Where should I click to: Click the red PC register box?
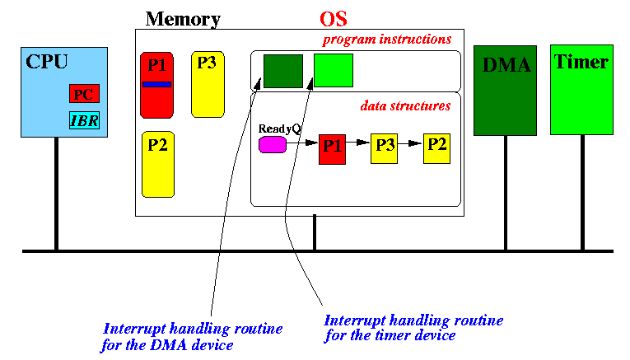[84, 94]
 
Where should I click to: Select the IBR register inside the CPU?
[84, 120]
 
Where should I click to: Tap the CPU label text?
[47, 62]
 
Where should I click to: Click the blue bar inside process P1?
[156, 84]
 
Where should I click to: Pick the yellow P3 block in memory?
[208, 84]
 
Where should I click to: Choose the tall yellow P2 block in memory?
[158, 164]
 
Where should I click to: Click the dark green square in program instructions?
[283, 71]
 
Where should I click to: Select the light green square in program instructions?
[334, 70]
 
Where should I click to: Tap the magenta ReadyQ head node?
[273, 145]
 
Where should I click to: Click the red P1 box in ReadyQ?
[332, 149]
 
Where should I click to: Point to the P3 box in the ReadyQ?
[384, 148]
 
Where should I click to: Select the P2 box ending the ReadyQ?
[436, 148]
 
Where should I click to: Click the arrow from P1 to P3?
[358, 143]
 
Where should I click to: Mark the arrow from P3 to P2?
[411, 143]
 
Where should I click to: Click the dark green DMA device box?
[505, 91]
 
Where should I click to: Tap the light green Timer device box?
[581, 90]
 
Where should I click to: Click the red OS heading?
[334, 19]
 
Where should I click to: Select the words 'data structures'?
[405, 105]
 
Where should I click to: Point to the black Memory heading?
[183, 19]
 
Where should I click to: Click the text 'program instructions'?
[387, 40]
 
